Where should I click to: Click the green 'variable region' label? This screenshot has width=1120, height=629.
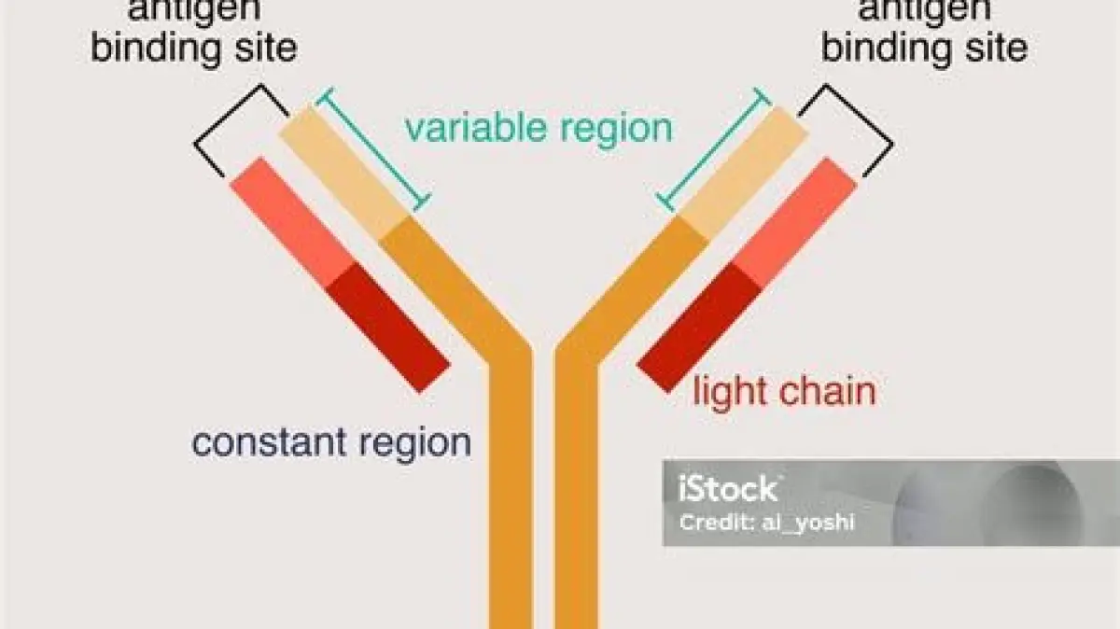539,128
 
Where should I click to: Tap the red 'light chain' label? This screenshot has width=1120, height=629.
784,392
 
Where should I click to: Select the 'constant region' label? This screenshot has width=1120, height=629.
331,441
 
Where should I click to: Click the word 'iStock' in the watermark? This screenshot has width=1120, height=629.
728,488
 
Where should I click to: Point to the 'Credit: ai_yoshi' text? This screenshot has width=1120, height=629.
766,523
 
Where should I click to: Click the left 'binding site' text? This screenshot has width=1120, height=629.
193,47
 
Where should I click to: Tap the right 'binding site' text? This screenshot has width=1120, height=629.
924,47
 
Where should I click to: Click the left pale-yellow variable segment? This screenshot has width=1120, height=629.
344,173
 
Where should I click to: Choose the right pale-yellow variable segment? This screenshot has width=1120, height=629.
742,173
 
